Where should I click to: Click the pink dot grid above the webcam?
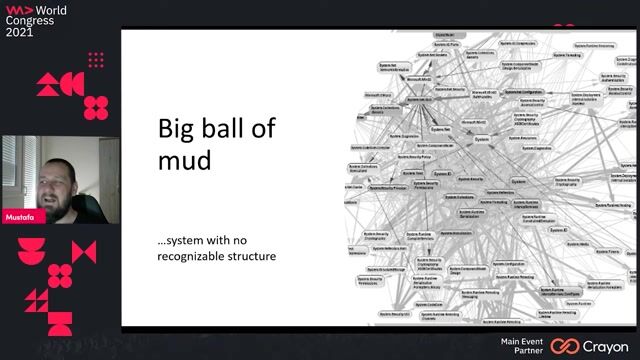pyautogui.click(x=97, y=59)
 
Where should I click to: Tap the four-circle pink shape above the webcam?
pyautogui.click(x=96, y=106)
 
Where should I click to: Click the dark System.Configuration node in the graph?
pyautogui.click(x=523, y=91)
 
